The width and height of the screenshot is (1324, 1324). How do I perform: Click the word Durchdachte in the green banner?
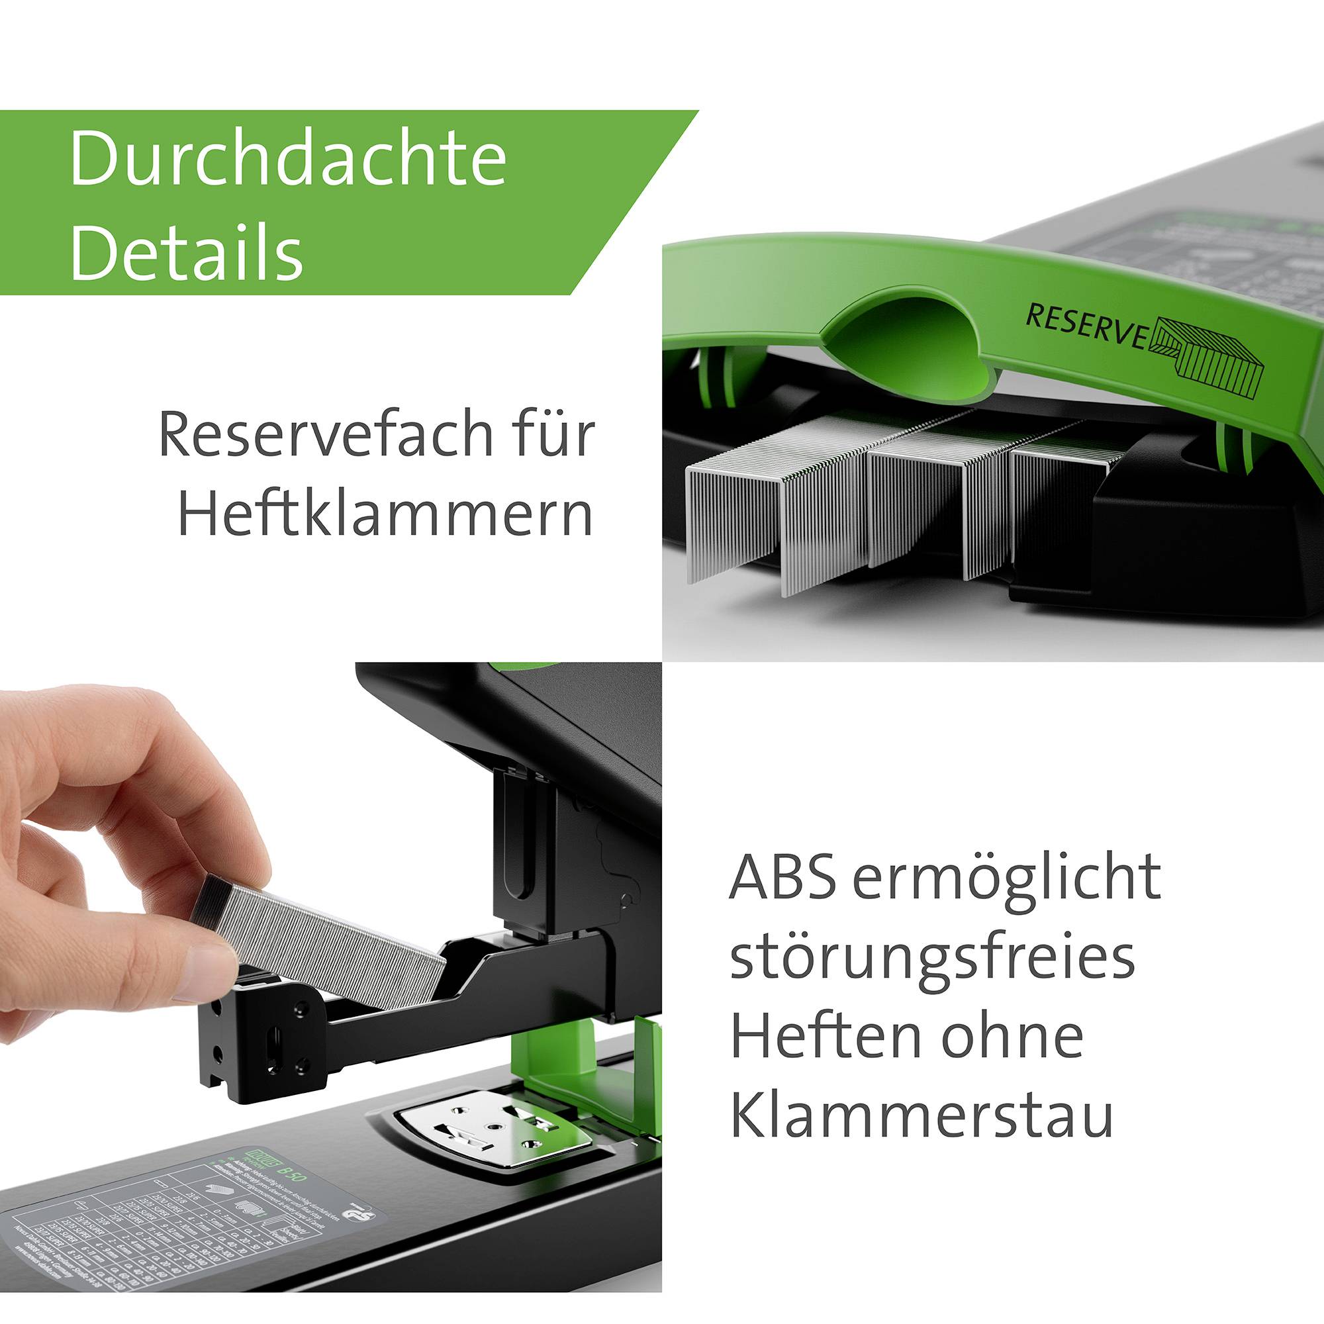pos(288,159)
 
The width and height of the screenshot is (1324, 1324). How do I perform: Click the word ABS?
pos(782,879)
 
